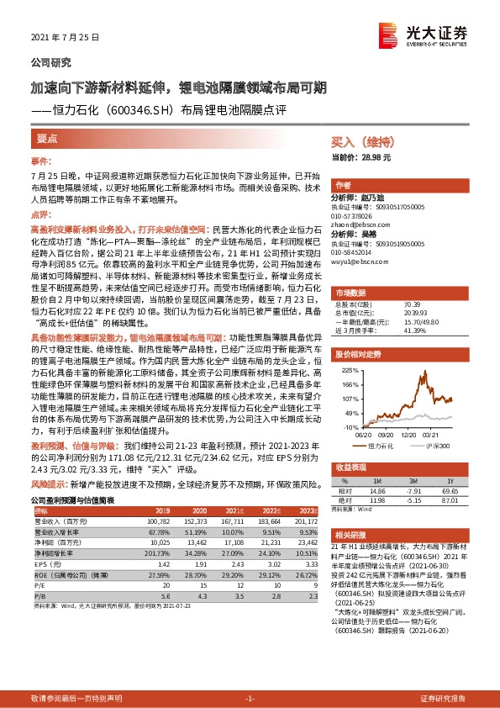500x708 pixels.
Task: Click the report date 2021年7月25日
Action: click(65, 38)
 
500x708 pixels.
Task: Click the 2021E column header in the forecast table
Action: click(235, 510)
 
